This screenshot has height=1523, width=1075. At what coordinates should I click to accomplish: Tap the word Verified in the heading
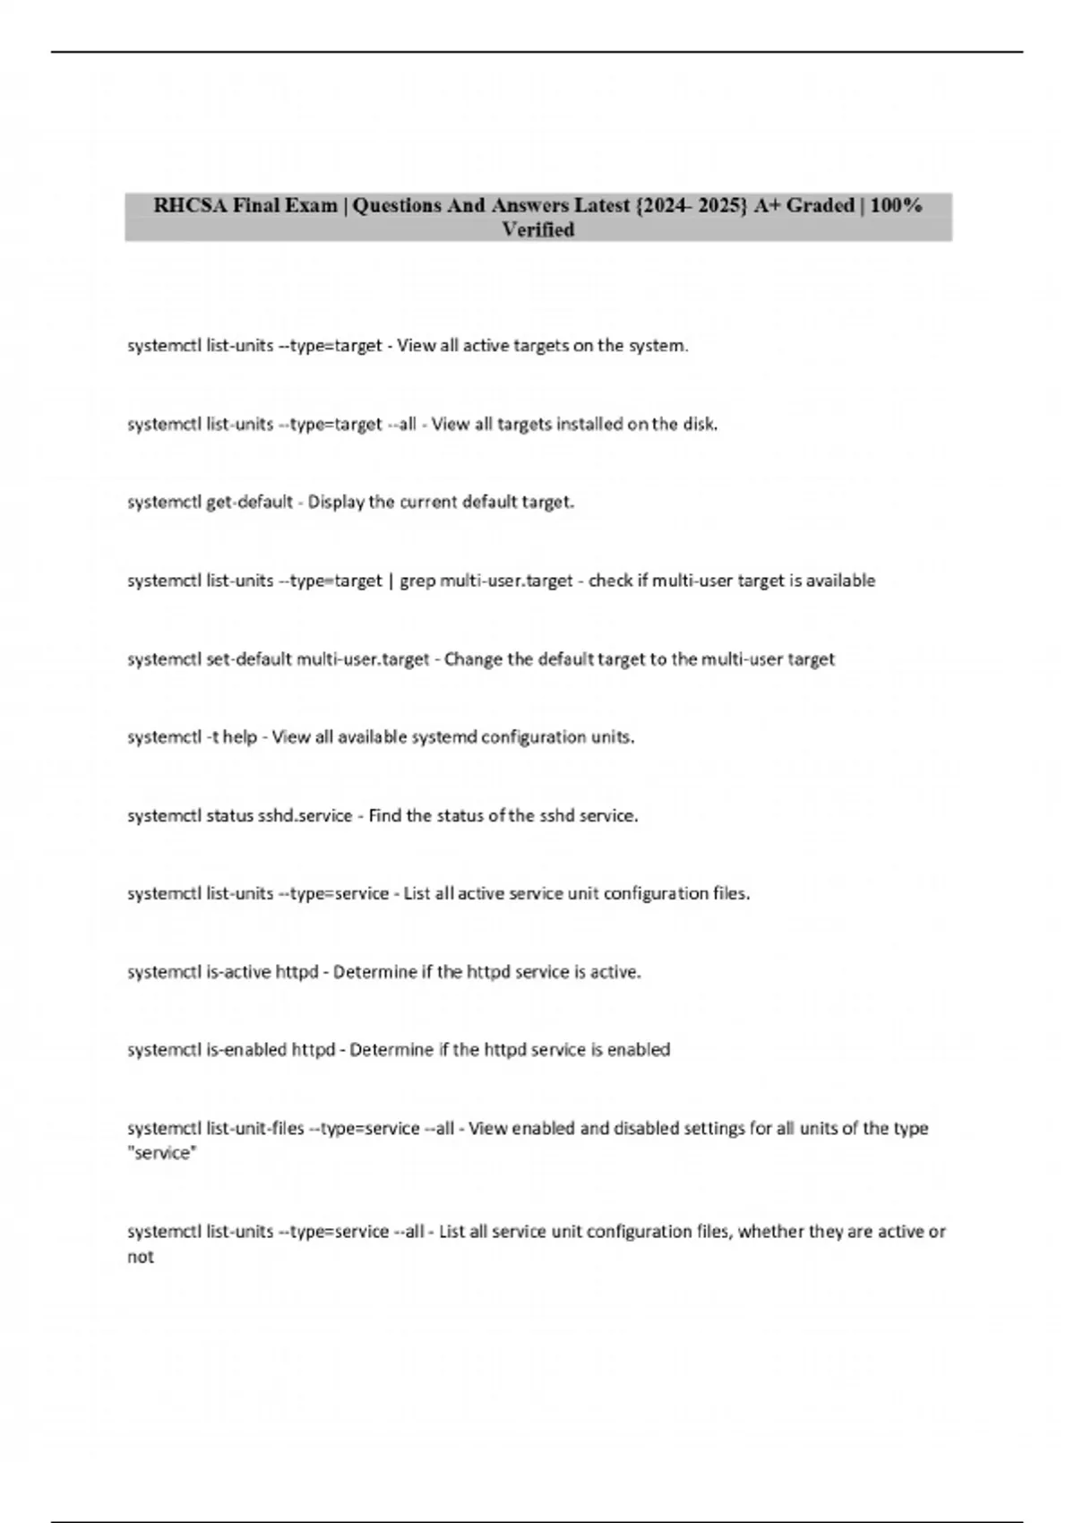point(537,230)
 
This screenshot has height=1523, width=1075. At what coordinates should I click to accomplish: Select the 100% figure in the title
point(896,205)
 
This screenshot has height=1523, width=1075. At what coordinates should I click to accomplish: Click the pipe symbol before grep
point(391,581)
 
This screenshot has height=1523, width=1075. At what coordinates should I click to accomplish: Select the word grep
point(417,581)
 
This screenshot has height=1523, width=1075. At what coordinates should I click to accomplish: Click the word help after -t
point(240,737)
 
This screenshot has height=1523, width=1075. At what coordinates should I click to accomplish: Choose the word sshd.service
point(305,816)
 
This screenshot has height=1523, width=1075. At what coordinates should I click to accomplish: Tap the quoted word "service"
point(161,1154)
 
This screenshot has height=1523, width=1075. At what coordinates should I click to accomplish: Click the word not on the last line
point(140,1257)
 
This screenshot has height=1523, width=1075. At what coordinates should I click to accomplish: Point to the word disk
point(700,425)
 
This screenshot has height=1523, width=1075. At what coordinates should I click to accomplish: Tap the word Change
point(474,659)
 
